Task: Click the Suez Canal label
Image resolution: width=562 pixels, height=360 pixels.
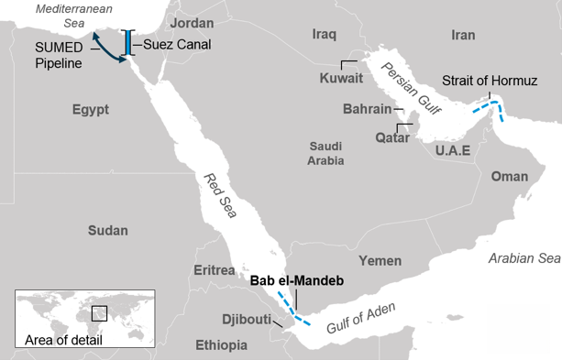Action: (x=177, y=43)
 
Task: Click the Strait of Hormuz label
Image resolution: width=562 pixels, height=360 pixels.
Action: (x=489, y=82)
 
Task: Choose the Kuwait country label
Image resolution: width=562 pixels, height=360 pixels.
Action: (x=341, y=78)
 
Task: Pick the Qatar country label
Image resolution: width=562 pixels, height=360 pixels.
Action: (x=392, y=137)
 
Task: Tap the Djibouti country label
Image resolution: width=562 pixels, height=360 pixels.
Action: (x=247, y=320)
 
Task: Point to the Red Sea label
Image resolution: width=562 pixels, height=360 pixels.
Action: (x=217, y=194)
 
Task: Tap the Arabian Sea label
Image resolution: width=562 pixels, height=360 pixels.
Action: (x=523, y=257)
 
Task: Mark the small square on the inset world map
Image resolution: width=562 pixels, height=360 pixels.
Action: (x=99, y=313)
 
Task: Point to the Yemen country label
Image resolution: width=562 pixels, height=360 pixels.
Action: (x=380, y=261)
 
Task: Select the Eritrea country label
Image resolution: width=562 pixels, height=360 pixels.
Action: (x=215, y=270)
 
